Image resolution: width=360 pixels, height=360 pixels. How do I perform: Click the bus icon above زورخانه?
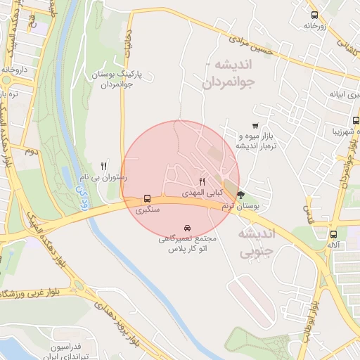coord(314,14)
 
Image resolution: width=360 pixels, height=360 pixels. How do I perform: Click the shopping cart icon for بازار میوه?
coord(255,125)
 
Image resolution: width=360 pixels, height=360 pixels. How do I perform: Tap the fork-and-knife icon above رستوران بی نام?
coord(104,167)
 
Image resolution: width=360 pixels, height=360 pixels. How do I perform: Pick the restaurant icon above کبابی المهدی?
coord(202,181)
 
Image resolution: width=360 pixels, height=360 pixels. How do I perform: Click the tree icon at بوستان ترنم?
coord(241,195)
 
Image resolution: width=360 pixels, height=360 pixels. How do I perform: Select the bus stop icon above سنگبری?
coord(148,199)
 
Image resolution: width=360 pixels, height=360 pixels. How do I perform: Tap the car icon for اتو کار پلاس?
coord(187,229)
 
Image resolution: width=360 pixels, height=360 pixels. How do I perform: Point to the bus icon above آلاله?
coord(333,235)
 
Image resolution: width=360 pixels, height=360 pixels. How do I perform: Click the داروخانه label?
coord(13,70)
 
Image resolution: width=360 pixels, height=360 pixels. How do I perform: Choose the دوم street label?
coord(30,150)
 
